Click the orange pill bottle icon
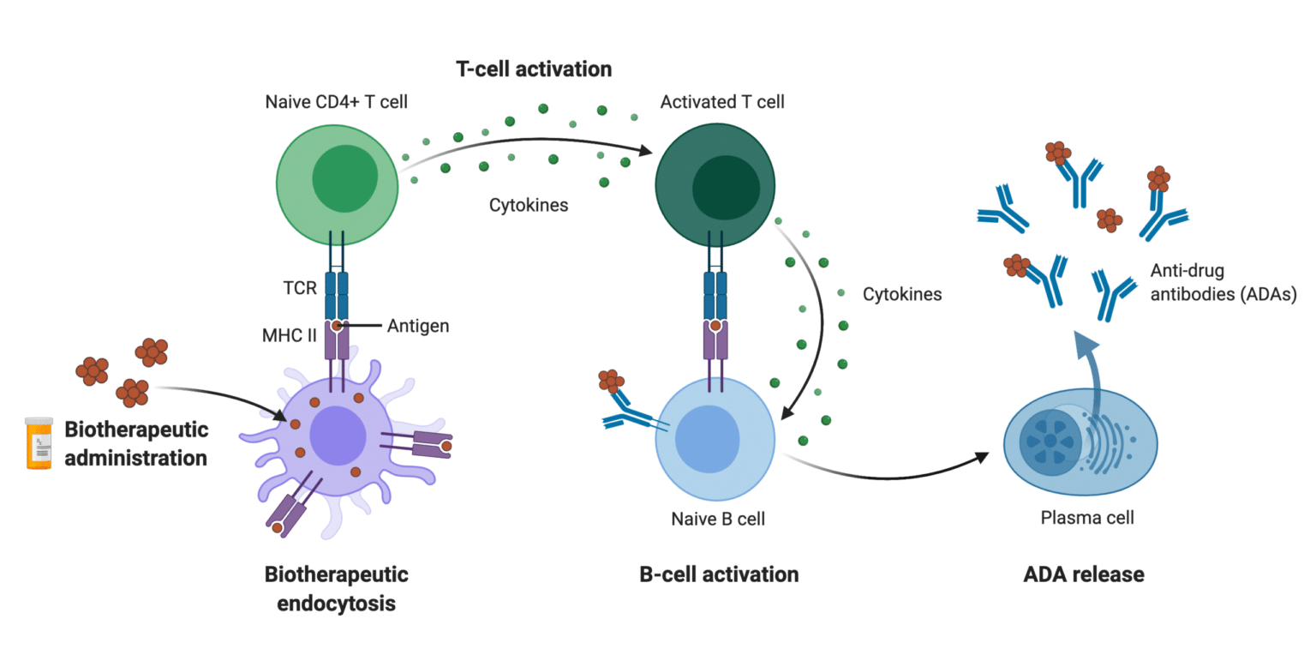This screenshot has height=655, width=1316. (39, 442)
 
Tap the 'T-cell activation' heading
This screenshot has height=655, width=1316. (533, 69)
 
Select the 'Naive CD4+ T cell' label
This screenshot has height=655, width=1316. (336, 103)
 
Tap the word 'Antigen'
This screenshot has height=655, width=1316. (418, 326)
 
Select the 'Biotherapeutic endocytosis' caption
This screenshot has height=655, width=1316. (336, 588)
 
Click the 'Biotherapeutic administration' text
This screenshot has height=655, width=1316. (136, 443)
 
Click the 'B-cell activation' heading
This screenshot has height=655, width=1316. (719, 574)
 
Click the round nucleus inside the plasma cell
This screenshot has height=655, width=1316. (1050, 440)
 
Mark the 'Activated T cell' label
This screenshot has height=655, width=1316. (722, 103)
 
